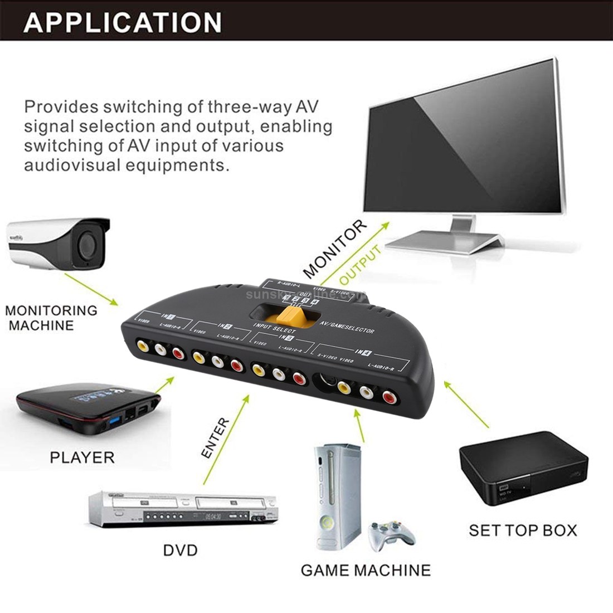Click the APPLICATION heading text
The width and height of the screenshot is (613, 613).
coord(123,22)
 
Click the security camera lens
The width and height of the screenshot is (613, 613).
coord(86,242)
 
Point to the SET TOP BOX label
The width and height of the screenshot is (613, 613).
coord(522,530)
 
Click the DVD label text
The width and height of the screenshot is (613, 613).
coord(180,551)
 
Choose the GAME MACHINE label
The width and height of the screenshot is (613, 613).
coord(366,570)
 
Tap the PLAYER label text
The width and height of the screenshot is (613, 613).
coord(82,458)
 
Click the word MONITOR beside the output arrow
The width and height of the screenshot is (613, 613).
coord(335,249)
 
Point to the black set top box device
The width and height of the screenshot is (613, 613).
coord(523,468)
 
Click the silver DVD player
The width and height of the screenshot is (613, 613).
coord(184,508)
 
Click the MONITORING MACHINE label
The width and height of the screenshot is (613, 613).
coord(51,318)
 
